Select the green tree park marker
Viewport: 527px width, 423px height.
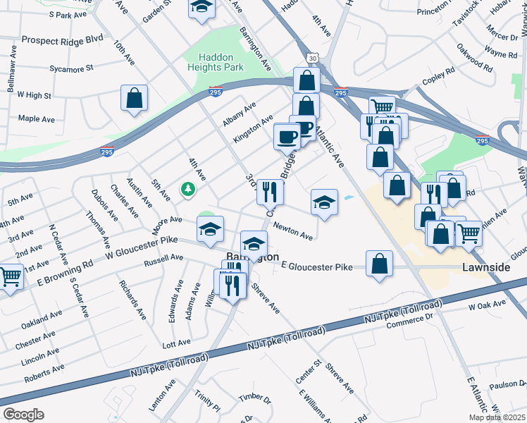pos(187,188)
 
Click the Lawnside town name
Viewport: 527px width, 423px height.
pos(485,268)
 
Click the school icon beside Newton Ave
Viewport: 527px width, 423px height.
pos(324,202)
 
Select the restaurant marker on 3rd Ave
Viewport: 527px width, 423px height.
pos(270,190)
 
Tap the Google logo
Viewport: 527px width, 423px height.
pos(23,415)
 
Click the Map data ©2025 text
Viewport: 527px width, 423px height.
pos(497,417)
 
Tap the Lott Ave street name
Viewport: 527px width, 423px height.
pos(176,343)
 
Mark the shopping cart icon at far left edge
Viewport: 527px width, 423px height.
pos(8,276)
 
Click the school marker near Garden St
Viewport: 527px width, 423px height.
pos(201,8)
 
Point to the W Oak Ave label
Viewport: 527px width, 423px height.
pos(488,306)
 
